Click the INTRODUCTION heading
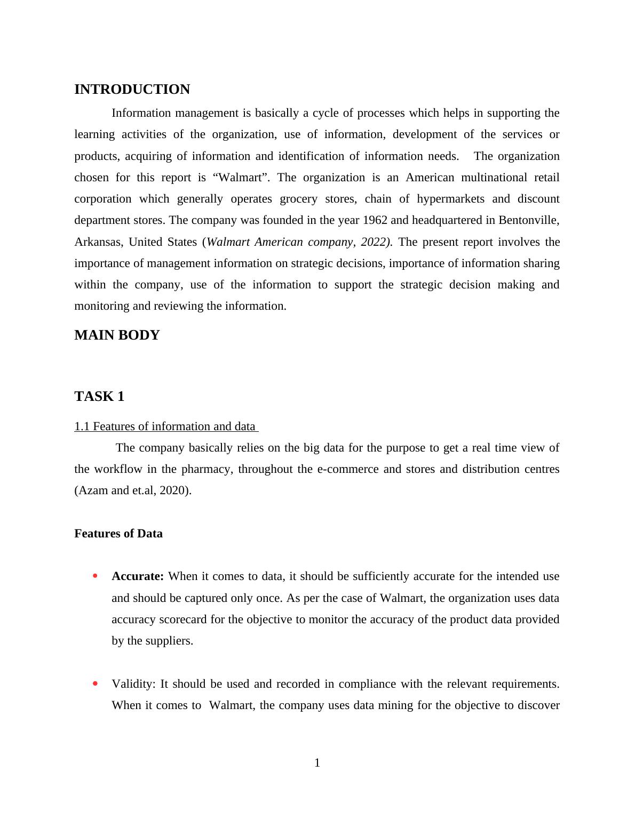pyautogui.click(x=132, y=90)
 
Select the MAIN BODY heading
pyautogui.click(x=117, y=335)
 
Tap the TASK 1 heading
pyautogui.click(x=99, y=397)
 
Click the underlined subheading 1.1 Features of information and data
pyautogui.click(x=165, y=426)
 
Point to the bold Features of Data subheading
pyautogui.click(x=118, y=534)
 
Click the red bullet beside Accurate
pyautogui.click(x=95, y=576)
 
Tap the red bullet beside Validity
pyautogui.click(x=95, y=683)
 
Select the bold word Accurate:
pyautogui.click(x=138, y=576)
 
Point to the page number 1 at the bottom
pyautogui.click(x=317, y=763)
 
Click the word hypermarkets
pyautogui.click(x=451, y=199)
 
